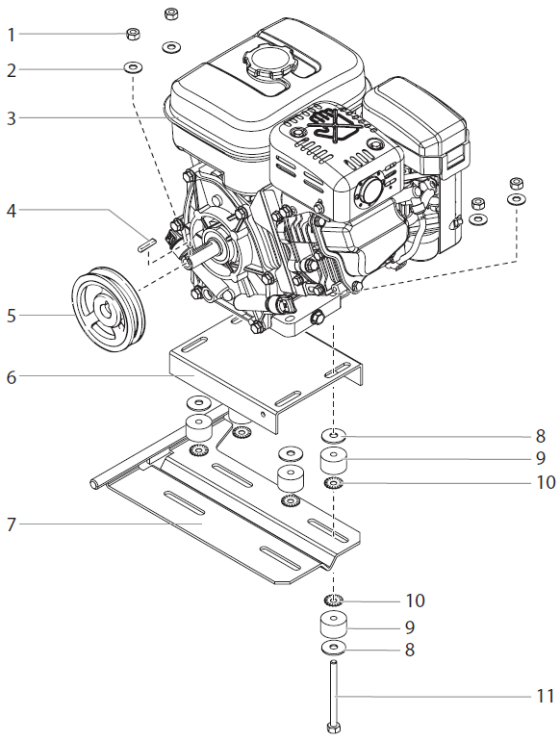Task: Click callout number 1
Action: (x=12, y=35)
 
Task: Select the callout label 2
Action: (x=12, y=70)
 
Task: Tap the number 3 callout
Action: (x=12, y=118)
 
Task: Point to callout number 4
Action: (x=12, y=209)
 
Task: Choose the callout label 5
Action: (x=12, y=314)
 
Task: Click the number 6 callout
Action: (x=12, y=377)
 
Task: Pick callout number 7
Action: (x=12, y=524)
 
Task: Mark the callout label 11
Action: (x=544, y=696)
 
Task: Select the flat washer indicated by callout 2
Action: (x=132, y=68)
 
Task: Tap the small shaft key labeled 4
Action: (x=147, y=243)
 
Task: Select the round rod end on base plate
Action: (x=94, y=483)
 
